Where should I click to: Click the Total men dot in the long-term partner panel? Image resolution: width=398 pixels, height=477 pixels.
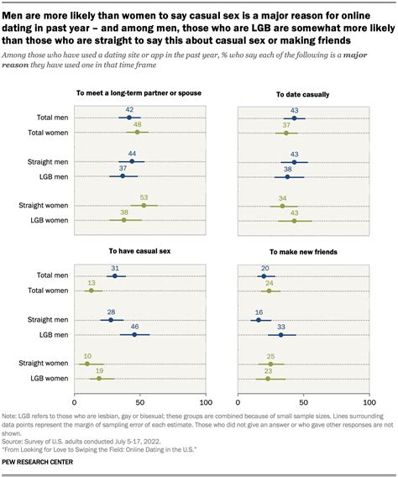(128, 118)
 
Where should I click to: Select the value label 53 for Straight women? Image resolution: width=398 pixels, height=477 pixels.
(144, 198)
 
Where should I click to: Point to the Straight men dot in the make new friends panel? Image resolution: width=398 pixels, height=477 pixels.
(259, 320)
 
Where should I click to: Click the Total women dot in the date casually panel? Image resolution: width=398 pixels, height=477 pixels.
(286, 133)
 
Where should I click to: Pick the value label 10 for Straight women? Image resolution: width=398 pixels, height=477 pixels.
(87, 356)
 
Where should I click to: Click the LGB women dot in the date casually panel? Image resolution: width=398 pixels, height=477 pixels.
(295, 220)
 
